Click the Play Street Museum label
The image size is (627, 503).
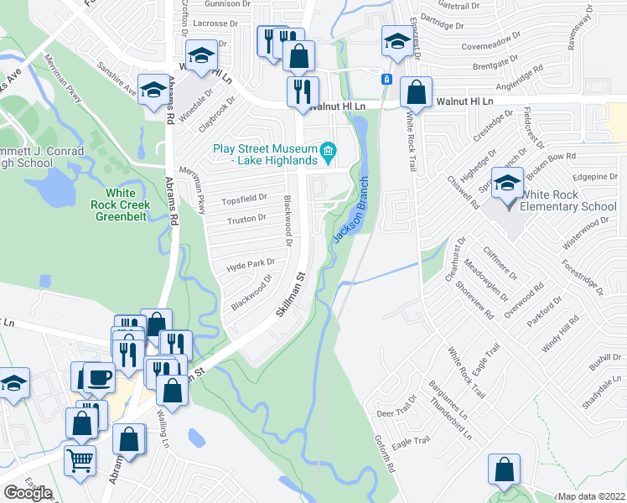265,154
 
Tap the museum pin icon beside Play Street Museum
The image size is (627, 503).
329,153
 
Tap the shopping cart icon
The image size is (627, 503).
80,459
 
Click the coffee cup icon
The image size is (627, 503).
98,377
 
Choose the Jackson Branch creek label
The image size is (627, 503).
350,210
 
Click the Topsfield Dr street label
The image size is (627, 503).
243,199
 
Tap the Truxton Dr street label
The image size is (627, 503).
246,219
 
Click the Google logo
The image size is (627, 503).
28,493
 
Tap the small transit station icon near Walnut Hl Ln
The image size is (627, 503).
386,79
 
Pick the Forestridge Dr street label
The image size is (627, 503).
584,276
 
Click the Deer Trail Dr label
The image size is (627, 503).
396,412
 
